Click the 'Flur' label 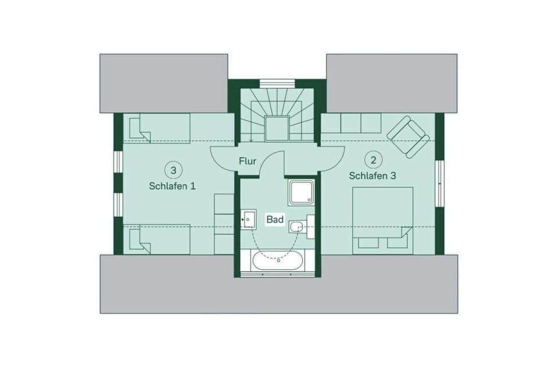click(248, 160)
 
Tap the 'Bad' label click(274, 220)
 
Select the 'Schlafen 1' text click(173, 186)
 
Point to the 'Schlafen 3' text click(373, 176)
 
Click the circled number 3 click(173, 170)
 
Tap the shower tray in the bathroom click(301, 192)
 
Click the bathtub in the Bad click(277, 260)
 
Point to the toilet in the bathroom click(299, 226)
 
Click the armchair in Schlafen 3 click(408, 137)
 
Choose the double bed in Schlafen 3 click(382, 220)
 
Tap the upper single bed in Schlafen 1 click(156, 127)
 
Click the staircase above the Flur click(277, 113)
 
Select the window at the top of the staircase click(277, 83)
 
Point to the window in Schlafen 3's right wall click(440, 183)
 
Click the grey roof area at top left click(163, 83)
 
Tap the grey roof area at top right click(391, 83)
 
